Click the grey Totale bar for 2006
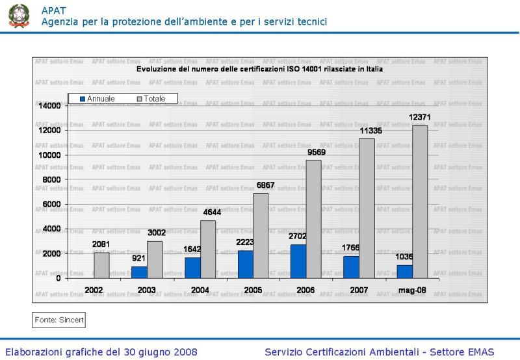tap(314, 219)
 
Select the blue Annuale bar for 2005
tap(245, 264)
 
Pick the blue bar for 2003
tap(139, 272)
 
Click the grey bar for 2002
tap(102, 265)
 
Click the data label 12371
tap(420, 117)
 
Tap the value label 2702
tap(298, 236)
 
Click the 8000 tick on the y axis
tap(52, 180)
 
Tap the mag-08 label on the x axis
tap(412, 290)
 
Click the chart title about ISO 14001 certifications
tap(259, 68)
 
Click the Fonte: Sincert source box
tap(59, 320)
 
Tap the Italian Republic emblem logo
tap(19, 16)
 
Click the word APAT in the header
tap(53, 10)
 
